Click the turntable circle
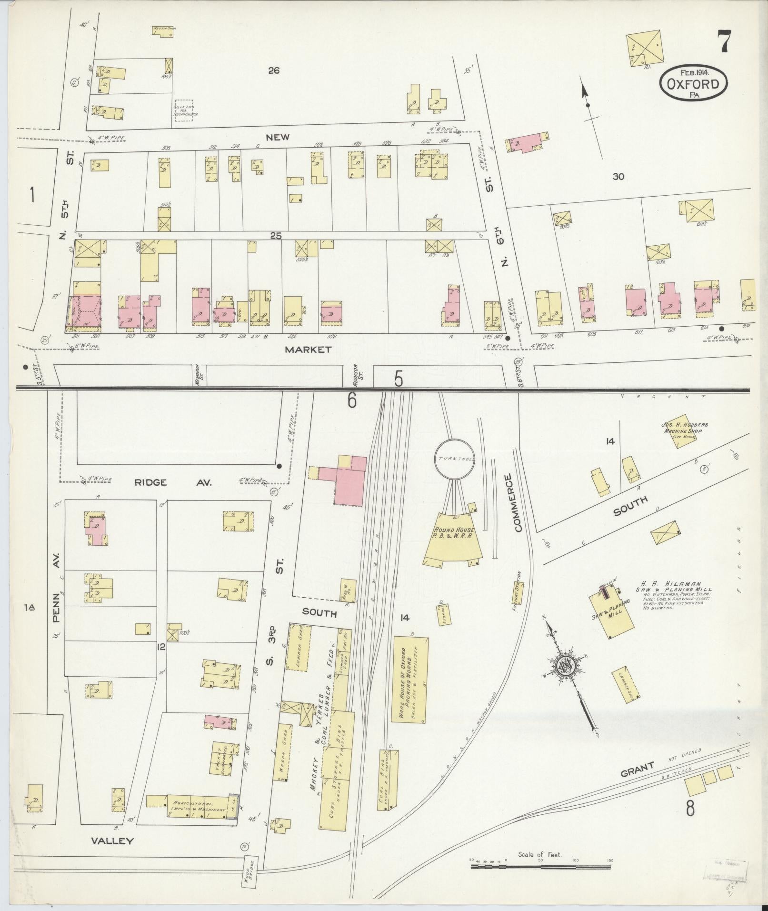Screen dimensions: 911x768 point(456,459)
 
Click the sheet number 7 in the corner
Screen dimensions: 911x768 point(724,42)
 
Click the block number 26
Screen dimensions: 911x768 point(273,71)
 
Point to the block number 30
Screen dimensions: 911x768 point(618,177)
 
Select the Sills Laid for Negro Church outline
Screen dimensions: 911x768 point(184,110)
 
